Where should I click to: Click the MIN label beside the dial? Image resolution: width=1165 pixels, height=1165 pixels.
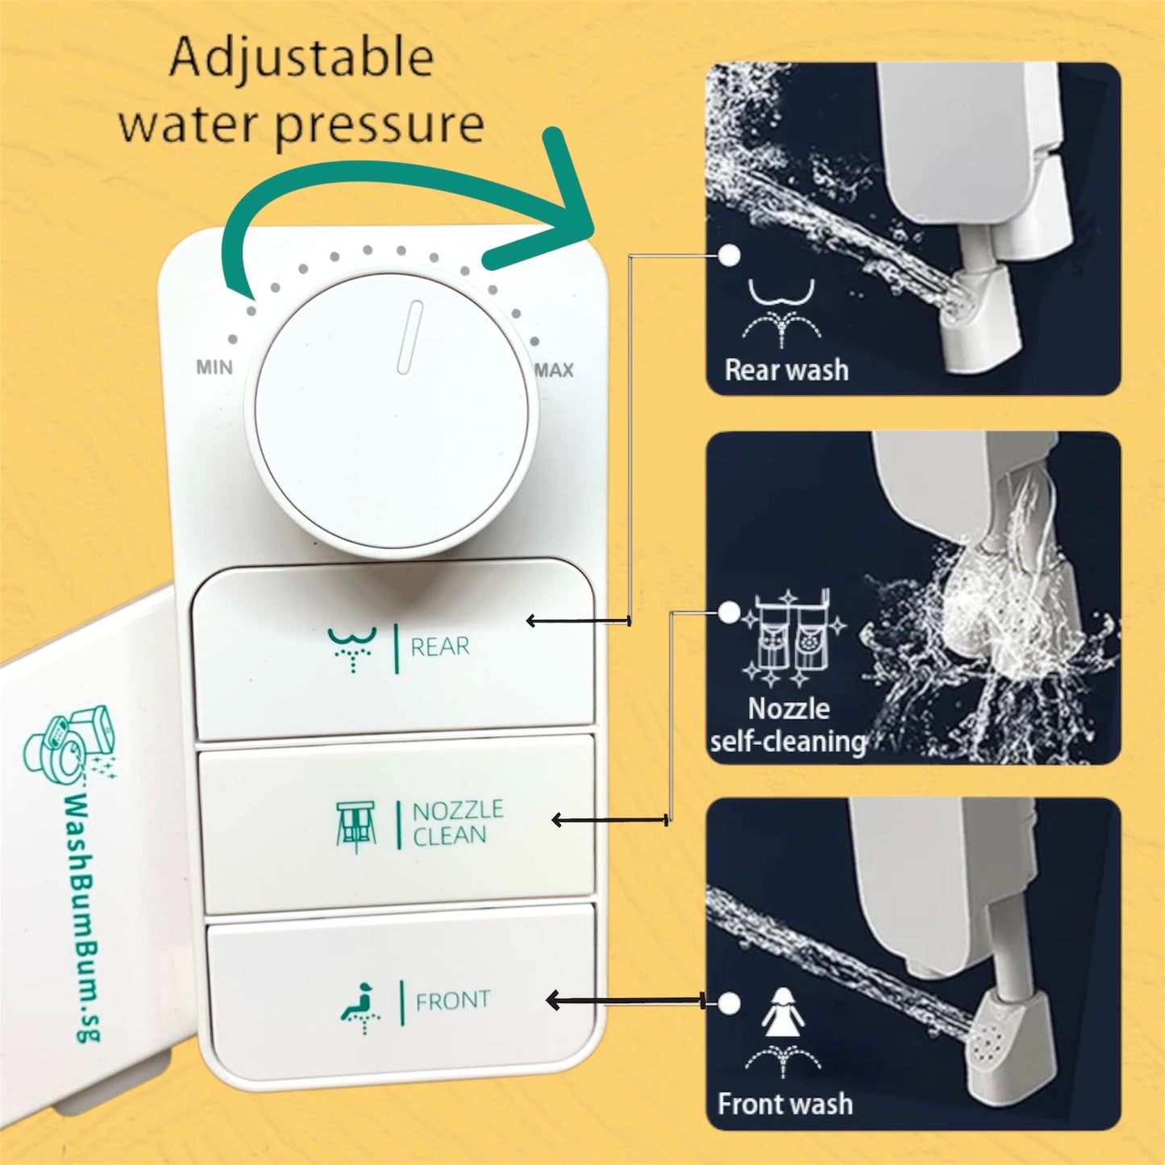coord(214,368)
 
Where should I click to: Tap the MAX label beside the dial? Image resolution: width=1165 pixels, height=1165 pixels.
coord(555,370)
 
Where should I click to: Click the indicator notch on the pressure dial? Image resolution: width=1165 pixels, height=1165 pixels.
coord(410,337)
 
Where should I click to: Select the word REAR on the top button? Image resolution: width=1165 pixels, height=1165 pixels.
coord(439,647)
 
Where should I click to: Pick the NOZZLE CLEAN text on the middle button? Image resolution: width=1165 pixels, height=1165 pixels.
coord(457,822)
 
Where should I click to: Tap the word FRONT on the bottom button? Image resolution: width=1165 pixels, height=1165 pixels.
coord(452,1001)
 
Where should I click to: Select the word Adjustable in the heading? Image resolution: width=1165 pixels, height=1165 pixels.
coord(302,58)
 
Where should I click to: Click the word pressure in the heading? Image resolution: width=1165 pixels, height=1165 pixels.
coord(379,125)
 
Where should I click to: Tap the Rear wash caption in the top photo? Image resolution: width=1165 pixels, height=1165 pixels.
coord(786,370)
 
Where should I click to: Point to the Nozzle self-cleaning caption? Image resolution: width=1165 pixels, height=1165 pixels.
coord(788,725)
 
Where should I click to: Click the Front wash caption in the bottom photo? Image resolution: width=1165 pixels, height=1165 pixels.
coord(784,1104)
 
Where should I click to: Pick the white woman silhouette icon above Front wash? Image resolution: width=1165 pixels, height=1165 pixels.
coord(780,1013)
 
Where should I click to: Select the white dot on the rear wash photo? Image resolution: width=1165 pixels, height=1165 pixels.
coord(729,256)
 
